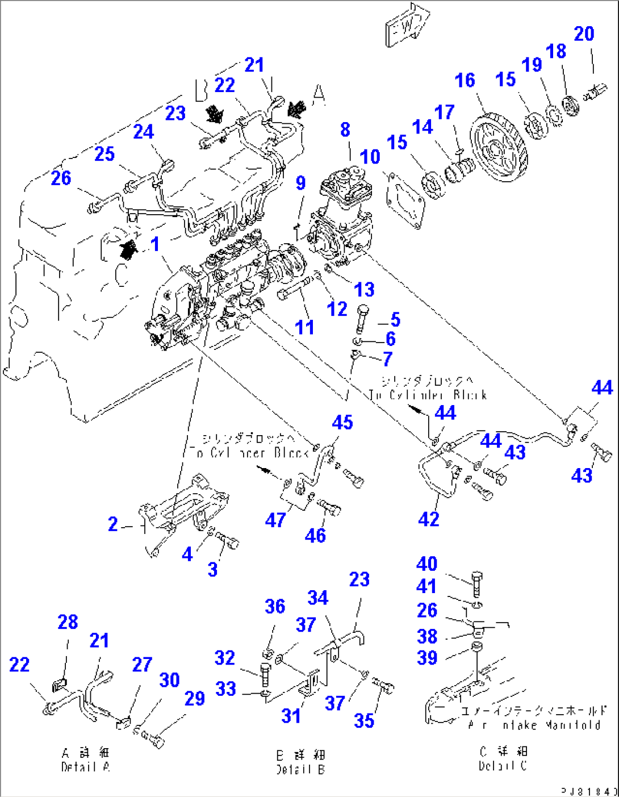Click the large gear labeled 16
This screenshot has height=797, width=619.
point(499,148)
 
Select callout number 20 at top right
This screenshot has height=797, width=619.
point(584,34)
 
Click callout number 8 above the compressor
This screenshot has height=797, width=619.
point(345,130)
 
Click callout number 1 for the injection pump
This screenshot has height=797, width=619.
point(155,244)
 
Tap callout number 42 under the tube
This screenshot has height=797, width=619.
point(429,519)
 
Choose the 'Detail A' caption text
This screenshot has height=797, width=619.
point(86,767)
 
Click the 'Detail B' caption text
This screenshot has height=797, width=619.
point(300,770)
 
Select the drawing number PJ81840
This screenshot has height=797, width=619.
point(589,791)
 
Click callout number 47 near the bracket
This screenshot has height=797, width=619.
point(275,519)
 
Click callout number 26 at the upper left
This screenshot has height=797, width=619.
point(61,178)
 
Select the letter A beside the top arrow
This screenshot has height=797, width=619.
point(319,93)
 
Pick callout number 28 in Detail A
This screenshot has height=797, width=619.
point(68,622)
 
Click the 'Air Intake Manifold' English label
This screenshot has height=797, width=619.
point(534,725)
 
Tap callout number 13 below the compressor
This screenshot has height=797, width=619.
point(364,289)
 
